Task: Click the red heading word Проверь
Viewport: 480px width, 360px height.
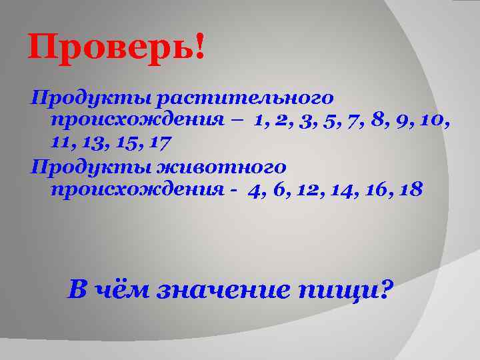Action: [x=111, y=49]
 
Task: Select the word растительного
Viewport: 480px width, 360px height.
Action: [x=244, y=99]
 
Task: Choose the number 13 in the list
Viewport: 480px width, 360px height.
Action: [x=90, y=142]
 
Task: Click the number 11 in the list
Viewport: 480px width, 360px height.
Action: [x=58, y=142]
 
